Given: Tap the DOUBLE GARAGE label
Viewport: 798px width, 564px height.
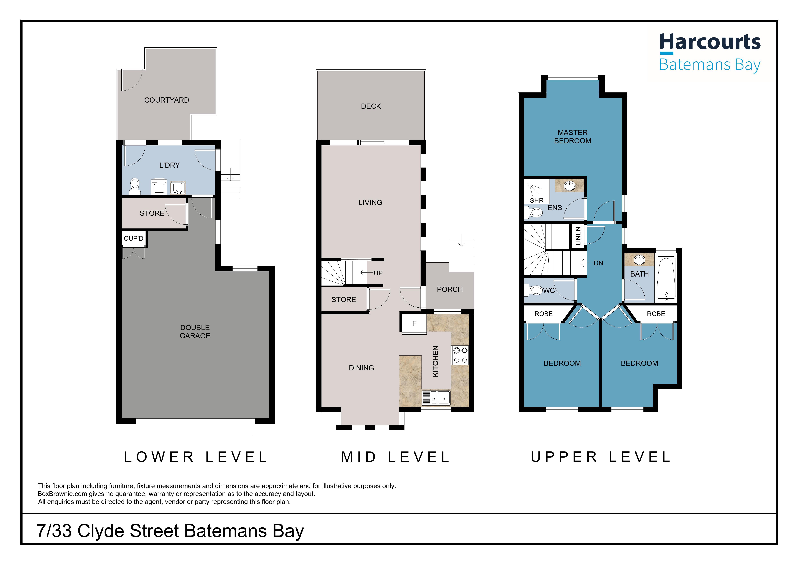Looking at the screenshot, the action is coord(195,332).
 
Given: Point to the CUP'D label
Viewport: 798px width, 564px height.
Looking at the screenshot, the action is coord(133,238).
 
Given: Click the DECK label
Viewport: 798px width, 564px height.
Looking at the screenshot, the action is coord(371,106).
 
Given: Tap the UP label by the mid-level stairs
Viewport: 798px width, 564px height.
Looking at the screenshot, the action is coord(378,273).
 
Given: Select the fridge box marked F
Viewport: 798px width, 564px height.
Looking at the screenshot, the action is coord(414,323).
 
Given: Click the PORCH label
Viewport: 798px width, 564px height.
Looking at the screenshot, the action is coord(450,289).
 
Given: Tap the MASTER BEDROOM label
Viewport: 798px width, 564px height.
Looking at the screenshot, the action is coord(572,136).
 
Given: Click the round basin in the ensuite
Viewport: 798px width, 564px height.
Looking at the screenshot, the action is coord(569,186).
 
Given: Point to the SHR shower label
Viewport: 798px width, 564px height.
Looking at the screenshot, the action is coord(537,200).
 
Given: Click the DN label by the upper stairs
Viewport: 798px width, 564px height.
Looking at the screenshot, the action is coord(598,263).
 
